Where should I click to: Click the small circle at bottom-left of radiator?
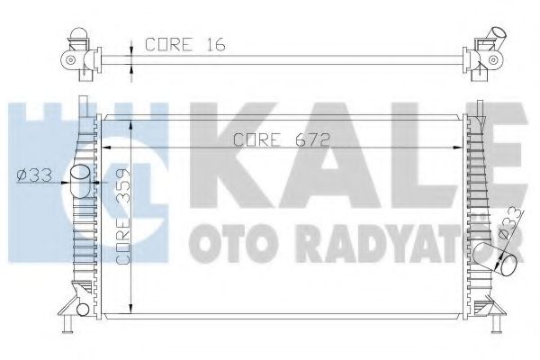(x=83, y=311)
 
